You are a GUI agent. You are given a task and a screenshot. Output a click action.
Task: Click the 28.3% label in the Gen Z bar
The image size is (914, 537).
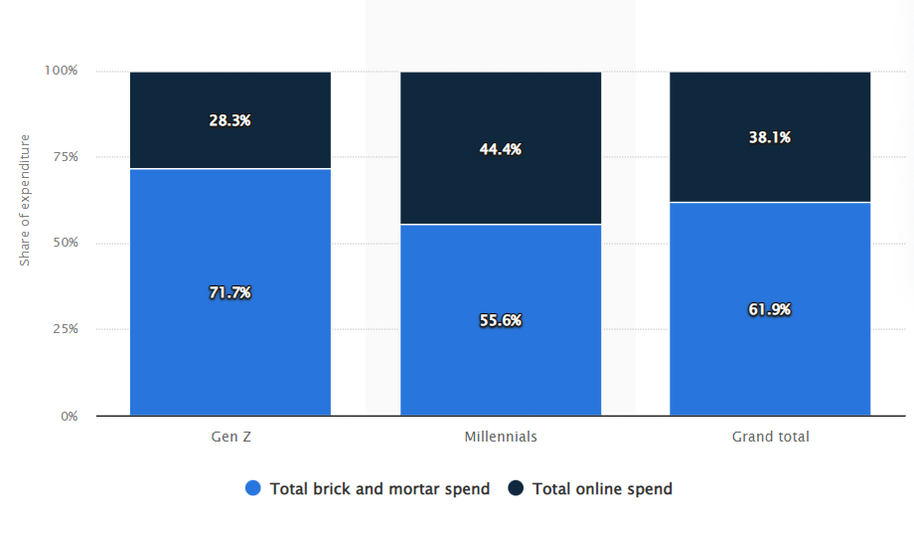pyautogui.click(x=230, y=120)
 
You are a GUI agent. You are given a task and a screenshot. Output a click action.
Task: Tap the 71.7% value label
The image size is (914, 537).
pyautogui.click(x=230, y=292)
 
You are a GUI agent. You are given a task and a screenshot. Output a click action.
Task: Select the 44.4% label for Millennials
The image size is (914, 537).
pyautogui.click(x=501, y=149)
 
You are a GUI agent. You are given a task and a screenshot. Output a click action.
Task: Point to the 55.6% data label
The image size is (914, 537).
pyautogui.click(x=501, y=320)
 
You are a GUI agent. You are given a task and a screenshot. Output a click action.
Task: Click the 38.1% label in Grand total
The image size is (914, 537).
pyautogui.click(x=770, y=138)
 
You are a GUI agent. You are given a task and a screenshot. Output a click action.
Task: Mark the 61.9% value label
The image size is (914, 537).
pyautogui.click(x=770, y=309)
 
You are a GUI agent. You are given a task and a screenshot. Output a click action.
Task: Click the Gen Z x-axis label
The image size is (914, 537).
pyautogui.click(x=230, y=437)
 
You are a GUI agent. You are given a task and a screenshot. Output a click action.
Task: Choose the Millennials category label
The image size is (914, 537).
pyautogui.click(x=501, y=437)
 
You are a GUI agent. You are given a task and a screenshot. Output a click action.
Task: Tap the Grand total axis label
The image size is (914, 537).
pyautogui.click(x=770, y=437)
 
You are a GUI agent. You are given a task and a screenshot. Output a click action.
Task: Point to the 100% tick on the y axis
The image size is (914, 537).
pyautogui.click(x=60, y=71)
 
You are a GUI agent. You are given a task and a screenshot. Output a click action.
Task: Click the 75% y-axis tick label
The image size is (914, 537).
pyautogui.click(x=64, y=157)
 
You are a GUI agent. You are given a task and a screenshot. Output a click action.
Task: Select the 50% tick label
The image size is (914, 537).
pyautogui.click(x=64, y=244)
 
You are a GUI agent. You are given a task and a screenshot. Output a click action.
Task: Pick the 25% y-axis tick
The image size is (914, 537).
pyautogui.click(x=64, y=329)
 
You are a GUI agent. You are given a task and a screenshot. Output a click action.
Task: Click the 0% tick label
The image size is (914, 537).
pyautogui.click(x=68, y=416)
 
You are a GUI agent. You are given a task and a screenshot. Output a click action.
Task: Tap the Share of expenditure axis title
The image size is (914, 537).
pyautogui.click(x=26, y=199)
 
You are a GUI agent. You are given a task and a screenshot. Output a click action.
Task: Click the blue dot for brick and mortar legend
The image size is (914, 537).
pyautogui.click(x=253, y=488)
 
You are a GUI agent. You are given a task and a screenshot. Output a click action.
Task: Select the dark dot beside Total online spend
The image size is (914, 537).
pyautogui.click(x=516, y=488)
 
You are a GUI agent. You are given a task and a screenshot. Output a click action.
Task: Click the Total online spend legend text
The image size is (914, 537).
pyautogui.click(x=602, y=488)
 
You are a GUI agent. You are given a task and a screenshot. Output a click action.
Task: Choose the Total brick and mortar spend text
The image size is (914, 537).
pyautogui.click(x=380, y=488)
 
